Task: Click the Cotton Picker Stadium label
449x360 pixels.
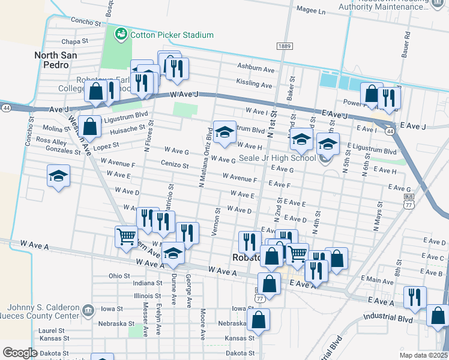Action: pyautogui.click(x=171, y=35)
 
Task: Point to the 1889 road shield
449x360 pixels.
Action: pyautogui.click(x=284, y=46)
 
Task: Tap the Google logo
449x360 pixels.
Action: pyautogui.click(x=20, y=353)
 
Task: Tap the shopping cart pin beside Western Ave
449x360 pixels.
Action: pyautogui.click(x=126, y=237)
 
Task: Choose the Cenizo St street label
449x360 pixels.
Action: pyautogui.click(x=175, y=164)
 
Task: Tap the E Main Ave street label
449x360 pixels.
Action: pyautogui.click(x=377, y=279)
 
